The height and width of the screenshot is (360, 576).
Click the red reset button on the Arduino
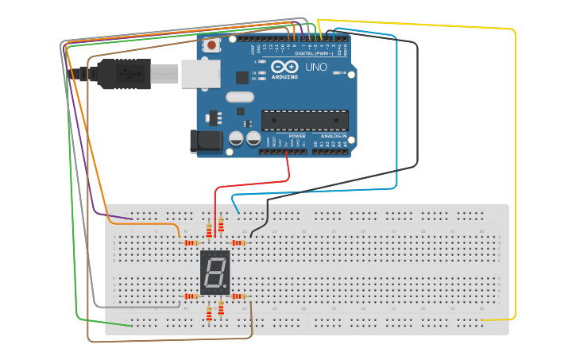(213, 45)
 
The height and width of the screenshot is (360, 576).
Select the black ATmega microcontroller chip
(305, 120)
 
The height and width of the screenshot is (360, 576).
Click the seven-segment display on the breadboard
(215, 273)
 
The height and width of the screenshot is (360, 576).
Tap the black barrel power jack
(203, 141)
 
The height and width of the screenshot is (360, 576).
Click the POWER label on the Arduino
(296, 136)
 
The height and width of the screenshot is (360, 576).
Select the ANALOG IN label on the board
(334, 136)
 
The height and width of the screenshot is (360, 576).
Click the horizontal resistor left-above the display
(191, 242)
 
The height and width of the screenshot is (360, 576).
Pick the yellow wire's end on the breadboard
(482, 319)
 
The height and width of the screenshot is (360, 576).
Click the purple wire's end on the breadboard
(132, 217)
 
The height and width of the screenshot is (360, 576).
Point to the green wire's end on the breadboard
(132, 325)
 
